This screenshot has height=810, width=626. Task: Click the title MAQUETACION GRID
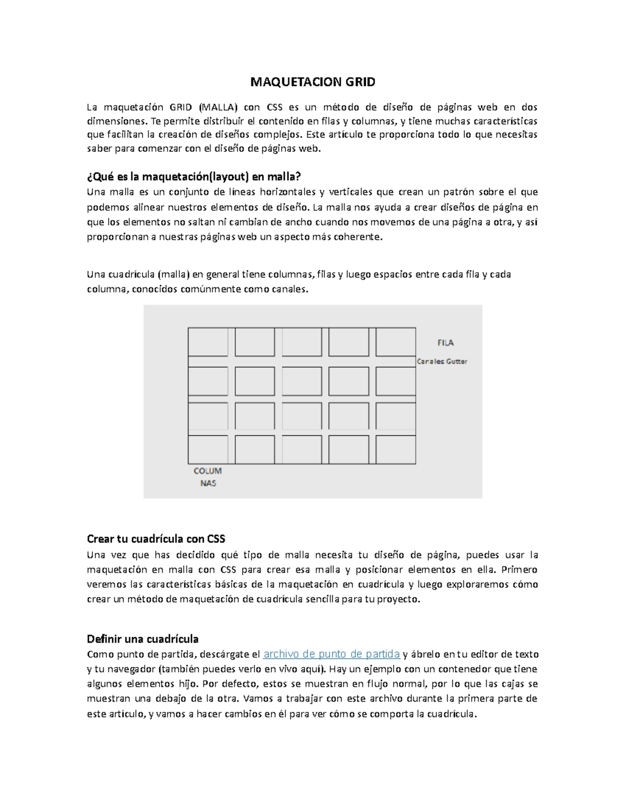[x=312, y=82]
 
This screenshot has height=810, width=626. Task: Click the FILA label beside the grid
[x=445, y=343]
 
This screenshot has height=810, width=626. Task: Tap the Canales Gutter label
[x=442, y=361]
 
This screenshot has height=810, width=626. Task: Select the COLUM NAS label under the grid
[x=208, y=477]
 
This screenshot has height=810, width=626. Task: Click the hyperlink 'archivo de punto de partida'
[x=331, y=654]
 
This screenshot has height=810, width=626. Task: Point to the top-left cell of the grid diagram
[x=208, y=342]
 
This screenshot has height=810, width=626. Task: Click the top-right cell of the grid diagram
[x=395, y=342]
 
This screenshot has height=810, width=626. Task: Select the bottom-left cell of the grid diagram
[x=208, y=450]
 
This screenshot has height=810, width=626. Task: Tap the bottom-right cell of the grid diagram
[x=395, y=450]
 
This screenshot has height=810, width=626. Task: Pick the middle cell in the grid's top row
[x=302, y=342]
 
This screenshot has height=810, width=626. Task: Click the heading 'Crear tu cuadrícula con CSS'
[x=156, y=539]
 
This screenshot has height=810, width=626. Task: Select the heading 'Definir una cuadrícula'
[x=142, y=639]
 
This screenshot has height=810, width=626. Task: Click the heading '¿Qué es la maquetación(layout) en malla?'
[x=194, y=176]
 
